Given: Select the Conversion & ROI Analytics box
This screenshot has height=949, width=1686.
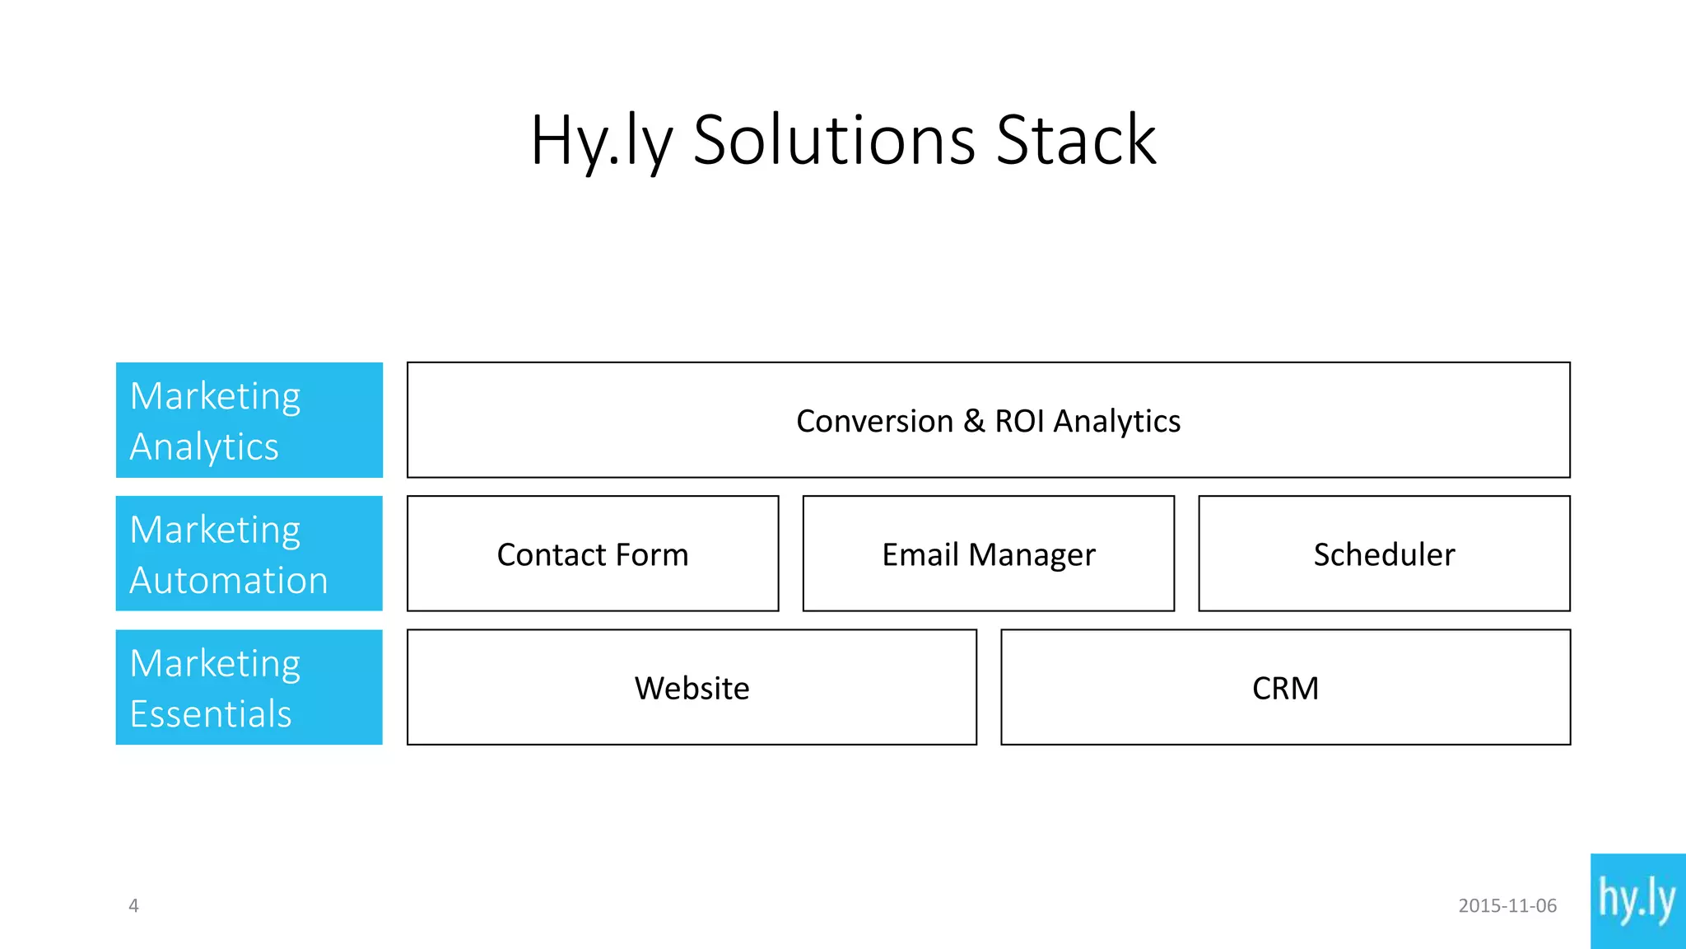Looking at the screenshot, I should click(988, 420).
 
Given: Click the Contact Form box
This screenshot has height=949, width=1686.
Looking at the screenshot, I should click(593, 554).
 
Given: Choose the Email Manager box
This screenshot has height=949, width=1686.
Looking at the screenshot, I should click(988, 554).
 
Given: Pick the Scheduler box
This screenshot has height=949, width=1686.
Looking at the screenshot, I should click(1384, 554).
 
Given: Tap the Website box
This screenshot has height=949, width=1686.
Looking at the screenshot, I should click(692, 687).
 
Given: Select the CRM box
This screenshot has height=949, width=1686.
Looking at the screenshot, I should click(1285, 687).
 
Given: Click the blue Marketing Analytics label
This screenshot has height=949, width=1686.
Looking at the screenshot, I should click(249, 420).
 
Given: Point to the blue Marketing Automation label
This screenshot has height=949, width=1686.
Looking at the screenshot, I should click(249, 554).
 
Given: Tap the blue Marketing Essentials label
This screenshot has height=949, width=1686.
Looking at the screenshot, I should click(249, 687).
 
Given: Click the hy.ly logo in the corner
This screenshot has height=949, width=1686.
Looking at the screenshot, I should click(1637, 900).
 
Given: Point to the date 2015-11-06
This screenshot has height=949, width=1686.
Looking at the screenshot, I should click(1507, 905).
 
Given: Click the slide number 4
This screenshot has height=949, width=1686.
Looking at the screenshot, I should click(133, 905).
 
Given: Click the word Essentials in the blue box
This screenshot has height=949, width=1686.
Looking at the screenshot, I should click(211, 713).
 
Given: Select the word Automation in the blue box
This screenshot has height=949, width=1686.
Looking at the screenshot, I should click(229, 580).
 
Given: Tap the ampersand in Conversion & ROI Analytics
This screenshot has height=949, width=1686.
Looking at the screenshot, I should click(974, 421).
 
